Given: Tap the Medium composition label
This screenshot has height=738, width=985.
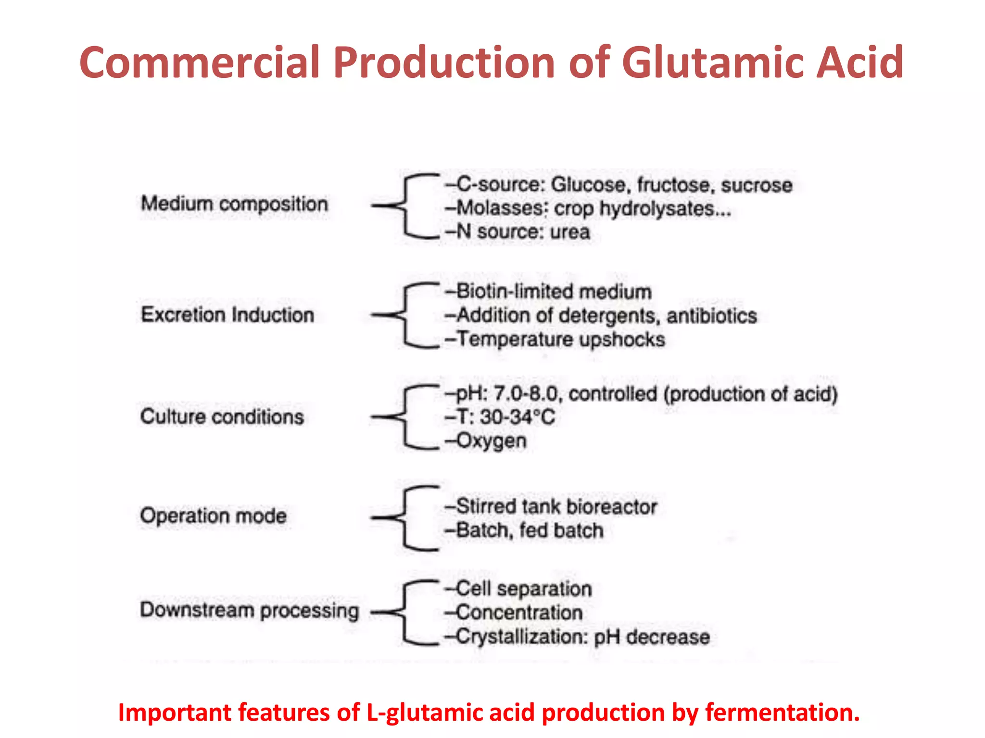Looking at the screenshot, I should click(x=234, y=204).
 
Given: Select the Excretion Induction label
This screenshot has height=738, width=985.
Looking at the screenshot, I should click(x=227, y=315).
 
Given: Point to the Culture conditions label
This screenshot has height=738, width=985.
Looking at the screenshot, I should click(x=222, y=417).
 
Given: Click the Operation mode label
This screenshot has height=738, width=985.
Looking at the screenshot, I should click(x=213, y=516).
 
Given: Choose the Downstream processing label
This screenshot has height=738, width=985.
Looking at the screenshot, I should click(x=249, y=611).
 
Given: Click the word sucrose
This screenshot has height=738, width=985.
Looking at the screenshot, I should click(x=757, y=185).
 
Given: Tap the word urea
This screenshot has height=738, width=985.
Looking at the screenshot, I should click(x=570, y=232).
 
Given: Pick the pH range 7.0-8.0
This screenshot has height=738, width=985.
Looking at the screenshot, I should click(x=526, y=394).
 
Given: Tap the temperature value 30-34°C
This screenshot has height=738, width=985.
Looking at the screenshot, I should click(x=518, y=417).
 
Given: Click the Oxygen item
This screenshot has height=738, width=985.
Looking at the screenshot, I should click(x=491, y=441).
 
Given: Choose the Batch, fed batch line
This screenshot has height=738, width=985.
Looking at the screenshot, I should click(x=529, y=531).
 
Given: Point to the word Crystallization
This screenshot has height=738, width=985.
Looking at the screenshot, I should click(x=522, y=637).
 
